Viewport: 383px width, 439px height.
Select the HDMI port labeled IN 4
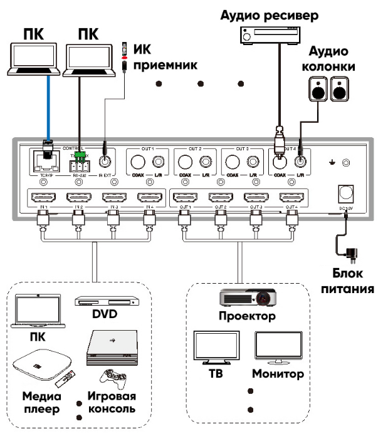click(x=149, y=198)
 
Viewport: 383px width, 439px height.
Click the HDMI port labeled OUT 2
click(x=221, y=198)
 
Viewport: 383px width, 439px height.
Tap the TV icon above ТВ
click(x=212, y=348)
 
